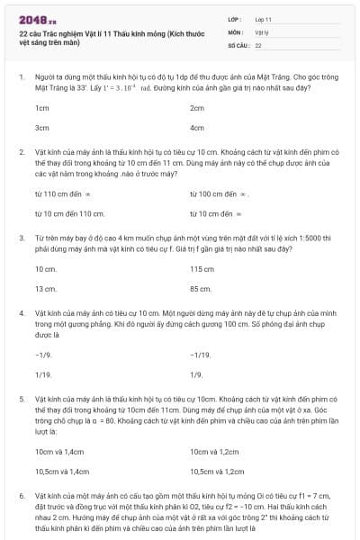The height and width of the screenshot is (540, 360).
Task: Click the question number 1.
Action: click(x=21, y=78)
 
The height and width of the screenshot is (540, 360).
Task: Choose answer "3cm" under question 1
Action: click(x=41, y=128)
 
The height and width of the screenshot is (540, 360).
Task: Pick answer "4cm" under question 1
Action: click(x=197, y=128)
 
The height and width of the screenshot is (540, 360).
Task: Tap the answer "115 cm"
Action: click(x=202, y=268)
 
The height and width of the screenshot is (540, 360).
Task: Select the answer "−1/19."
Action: click(x=201, y=355)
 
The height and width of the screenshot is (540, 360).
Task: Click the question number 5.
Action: click(x=21, y=397)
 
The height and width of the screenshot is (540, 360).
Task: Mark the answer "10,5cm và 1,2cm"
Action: click(x=217, y=471)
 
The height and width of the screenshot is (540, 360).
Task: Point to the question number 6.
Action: click(x=21, y=494)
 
